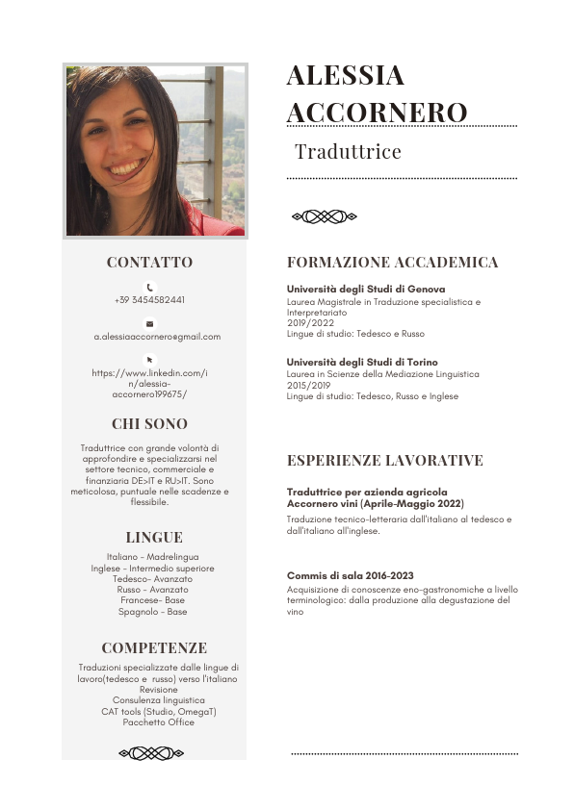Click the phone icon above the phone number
pyautogui.click(x=149, y=287)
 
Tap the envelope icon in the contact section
pyautogui.click(x=149, y=324)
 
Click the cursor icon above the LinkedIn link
pyautogui.click(x=149, y=360)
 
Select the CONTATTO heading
pyautogui.click(x=149, y=263)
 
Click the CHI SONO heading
pyautogui.click(x=149, y=424)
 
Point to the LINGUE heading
pyautogui.click(x=154, y=538)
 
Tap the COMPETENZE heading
pyautogui.click(x=154, y=648)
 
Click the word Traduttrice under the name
pyautogui.click(x=348, y=152)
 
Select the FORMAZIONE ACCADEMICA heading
pyautogui.click(x=393, y=263)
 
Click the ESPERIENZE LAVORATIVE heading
pyautogui.click(x=385, y=461)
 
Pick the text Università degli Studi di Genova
pyautogui.click(x=366, y=289)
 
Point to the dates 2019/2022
pyautogui.click(x=308, y=323)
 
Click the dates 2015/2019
pyautogui.click(x=308, y=385)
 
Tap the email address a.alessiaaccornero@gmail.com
pyautogui.click(x=157, y=337)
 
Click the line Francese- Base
pyautogui.click(x=153, y=599)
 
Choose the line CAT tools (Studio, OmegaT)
pyautogui.click(x=159, y=712)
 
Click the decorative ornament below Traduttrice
pyautogui.click(x=324, y=216)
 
